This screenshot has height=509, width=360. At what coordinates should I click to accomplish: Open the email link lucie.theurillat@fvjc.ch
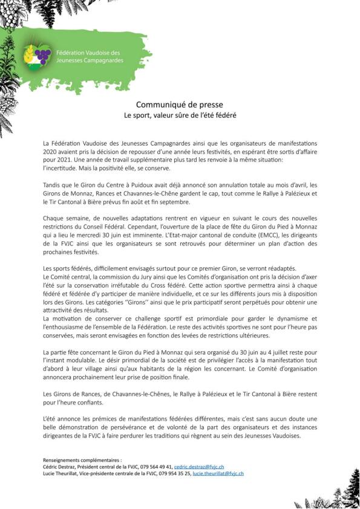[218, 473]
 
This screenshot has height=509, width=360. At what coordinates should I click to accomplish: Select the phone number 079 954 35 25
[172, 473]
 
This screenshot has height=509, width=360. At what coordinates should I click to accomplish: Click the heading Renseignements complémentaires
[82, 460]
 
